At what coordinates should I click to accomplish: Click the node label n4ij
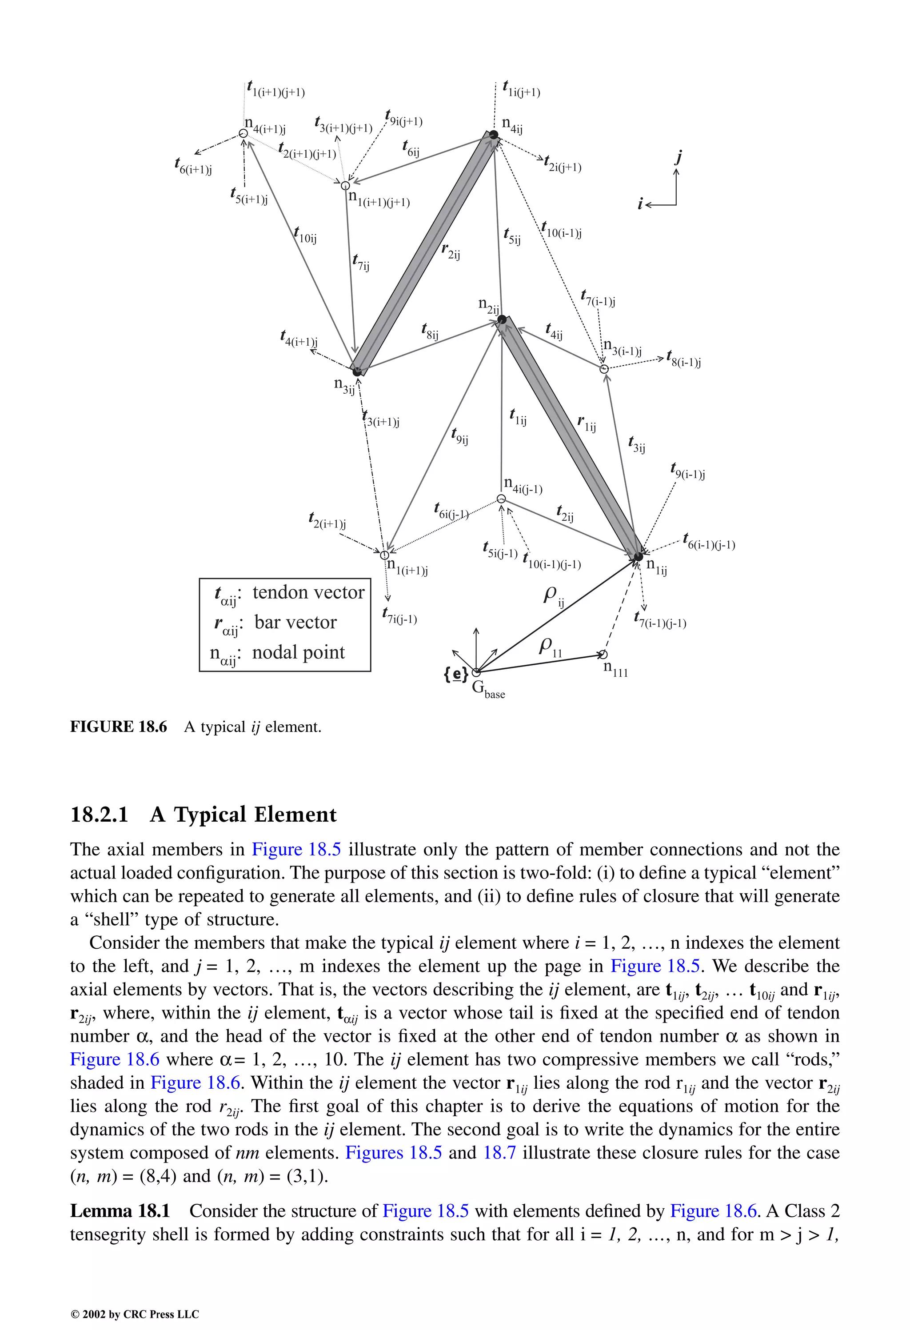click(512, 125)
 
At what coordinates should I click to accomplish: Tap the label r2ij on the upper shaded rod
click(451, 251)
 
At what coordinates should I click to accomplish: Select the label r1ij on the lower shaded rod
click(587, 424)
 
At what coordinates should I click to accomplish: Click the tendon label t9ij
click(459, 437)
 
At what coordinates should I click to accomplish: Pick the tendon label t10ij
click(305, 235)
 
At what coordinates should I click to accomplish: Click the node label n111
click(615, 669)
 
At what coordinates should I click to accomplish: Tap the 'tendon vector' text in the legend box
click(308, 592)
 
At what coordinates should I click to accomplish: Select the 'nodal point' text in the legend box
click(298, 652)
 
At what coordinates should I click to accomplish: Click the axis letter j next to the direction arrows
click(679, 156)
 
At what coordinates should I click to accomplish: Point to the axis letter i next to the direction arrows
click(640, 204)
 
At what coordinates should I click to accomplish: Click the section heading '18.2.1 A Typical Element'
click(203, 815)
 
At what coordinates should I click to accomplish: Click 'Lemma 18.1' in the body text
click(120, 1211)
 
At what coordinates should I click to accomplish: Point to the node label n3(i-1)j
click(622, 347)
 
